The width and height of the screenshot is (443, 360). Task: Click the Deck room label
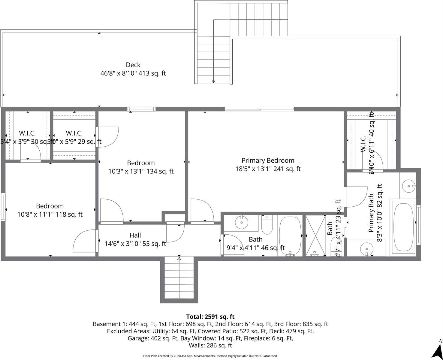133,65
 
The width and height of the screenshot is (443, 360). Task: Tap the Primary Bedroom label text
268,160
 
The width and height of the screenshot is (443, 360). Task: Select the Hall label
135,235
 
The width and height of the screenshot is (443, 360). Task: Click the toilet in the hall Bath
267,225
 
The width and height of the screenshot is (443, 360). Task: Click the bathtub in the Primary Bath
403,227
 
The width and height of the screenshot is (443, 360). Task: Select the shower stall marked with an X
315,236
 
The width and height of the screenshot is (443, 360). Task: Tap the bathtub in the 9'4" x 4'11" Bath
290,236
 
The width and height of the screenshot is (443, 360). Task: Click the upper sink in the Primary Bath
409,186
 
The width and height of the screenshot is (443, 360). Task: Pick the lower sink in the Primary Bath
366,249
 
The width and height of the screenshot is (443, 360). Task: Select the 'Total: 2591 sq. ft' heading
210,317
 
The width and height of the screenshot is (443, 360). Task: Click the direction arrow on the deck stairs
214,80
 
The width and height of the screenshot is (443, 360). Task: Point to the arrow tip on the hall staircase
179,257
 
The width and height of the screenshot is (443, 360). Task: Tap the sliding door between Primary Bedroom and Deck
259,109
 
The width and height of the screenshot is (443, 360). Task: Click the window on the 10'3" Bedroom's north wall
141,109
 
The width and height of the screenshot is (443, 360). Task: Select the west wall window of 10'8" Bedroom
3,207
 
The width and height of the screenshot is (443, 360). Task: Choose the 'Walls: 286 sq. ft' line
210,346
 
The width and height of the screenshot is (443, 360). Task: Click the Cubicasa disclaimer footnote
210,356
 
